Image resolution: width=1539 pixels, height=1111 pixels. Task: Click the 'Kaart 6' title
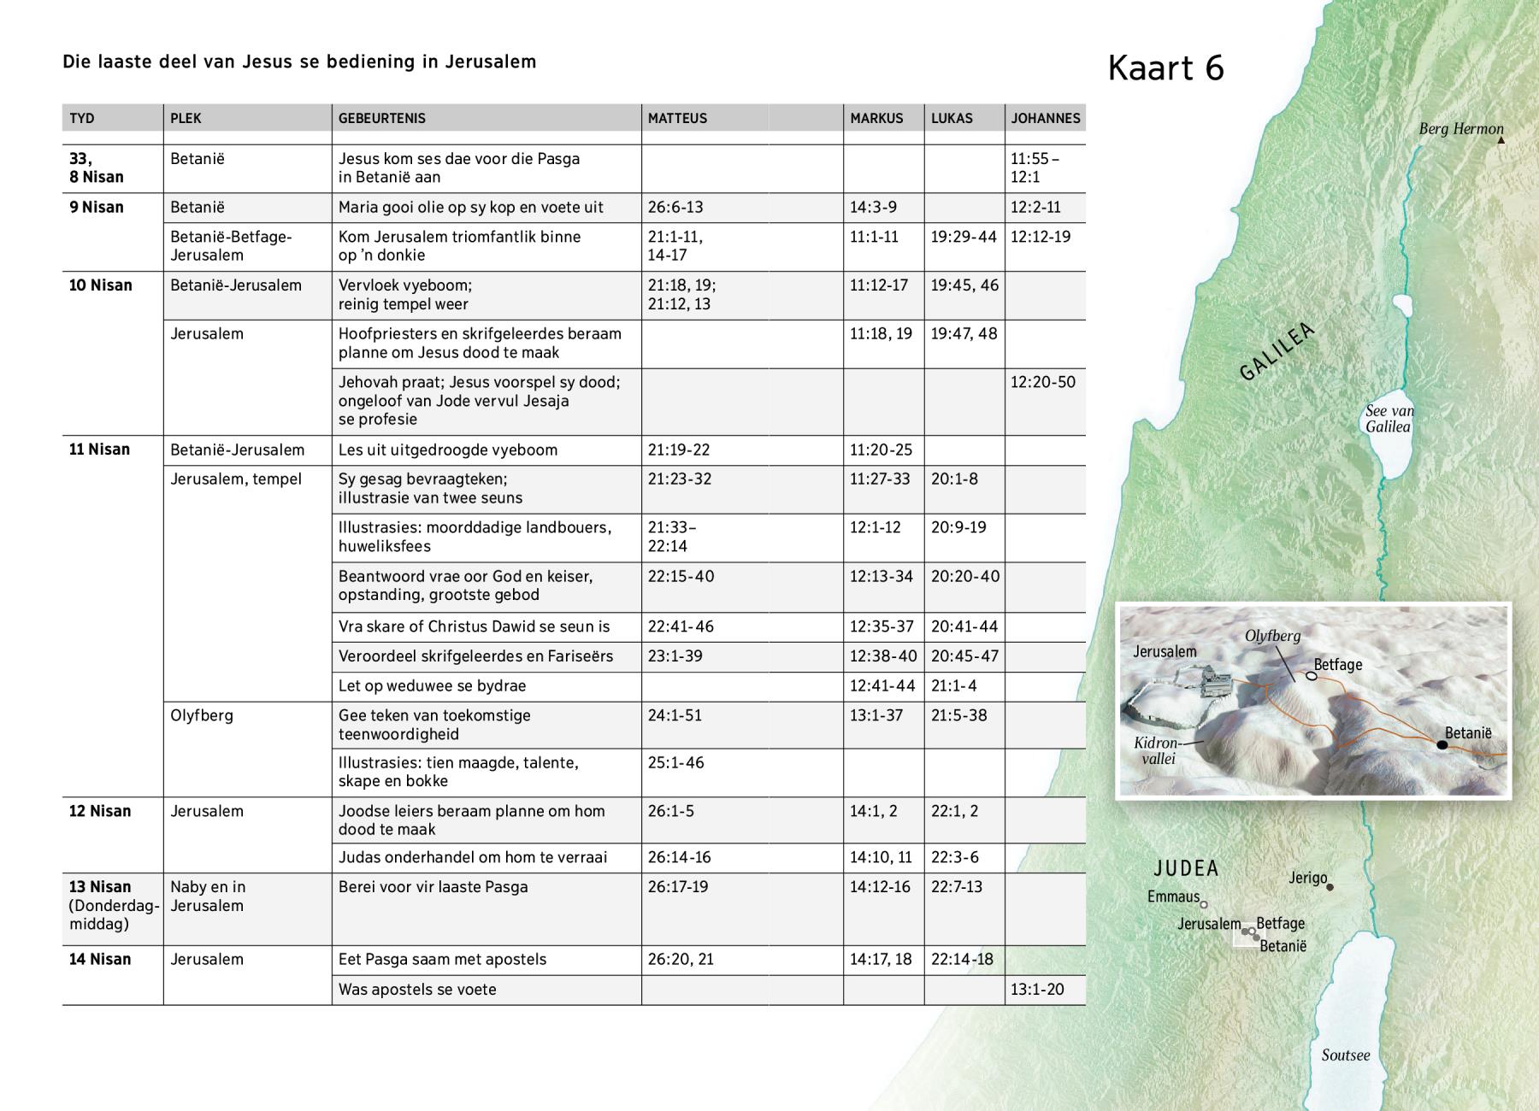(1165, 68)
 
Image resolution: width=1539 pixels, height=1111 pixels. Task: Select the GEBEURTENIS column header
(381, 118)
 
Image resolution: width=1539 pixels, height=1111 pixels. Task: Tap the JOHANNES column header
(1045, 118)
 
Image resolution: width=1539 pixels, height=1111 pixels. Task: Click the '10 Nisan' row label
(100, 285)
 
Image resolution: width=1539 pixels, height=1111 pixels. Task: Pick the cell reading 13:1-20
(1037, 989)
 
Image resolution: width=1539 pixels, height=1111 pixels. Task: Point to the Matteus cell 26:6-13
(675, 208)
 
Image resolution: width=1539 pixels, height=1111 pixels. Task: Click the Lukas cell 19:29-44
(964, 237)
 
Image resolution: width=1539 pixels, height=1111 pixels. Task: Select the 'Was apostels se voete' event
(417, 989)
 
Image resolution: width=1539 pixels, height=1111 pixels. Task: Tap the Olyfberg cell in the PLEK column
(202, 715)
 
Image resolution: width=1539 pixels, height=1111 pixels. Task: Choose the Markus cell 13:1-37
(876, 715)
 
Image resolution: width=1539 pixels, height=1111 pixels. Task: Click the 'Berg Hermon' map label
(1460, 129)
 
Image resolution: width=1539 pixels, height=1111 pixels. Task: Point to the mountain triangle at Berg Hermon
(1501, 140)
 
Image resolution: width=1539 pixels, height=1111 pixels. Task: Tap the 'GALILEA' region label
(1276, 352)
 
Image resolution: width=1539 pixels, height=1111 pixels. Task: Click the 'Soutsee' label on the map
(1345, 1055)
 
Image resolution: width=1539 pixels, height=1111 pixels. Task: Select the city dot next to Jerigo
(1330, 887)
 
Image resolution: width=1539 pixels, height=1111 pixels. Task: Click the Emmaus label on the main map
(1173, 896)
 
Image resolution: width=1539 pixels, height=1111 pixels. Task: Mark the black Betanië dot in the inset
(1442, 745)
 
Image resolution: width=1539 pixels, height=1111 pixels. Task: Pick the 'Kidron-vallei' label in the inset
(1158, 750)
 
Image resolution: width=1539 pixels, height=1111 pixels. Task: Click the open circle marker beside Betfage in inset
(1311, 676)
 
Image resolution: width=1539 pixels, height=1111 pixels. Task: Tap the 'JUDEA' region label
(1186, 868)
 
